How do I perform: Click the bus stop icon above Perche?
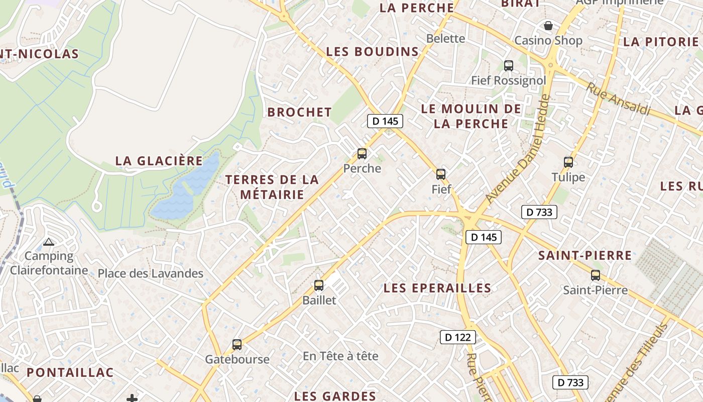(362, 154)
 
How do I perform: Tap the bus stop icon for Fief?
(441, 174)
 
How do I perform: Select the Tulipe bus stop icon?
(568, 162)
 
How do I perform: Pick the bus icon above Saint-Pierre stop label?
(596, 275)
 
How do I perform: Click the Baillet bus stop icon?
(319, 285)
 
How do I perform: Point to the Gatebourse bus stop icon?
(237, 345)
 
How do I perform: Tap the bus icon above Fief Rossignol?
(508, 65)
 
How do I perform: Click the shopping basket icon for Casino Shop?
(548, 25)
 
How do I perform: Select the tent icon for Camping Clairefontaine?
(48, 242)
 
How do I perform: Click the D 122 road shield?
(458, 337)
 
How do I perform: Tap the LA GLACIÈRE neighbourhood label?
(159, 161)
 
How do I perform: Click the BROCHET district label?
(300, 112)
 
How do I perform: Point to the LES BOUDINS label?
(373, 51)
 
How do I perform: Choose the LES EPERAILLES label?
(437, 288)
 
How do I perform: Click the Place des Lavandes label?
(151, 273)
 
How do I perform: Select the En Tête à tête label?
(340, 356)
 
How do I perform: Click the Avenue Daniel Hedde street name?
(519, 149)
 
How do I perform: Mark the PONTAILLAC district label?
(70, 372)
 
